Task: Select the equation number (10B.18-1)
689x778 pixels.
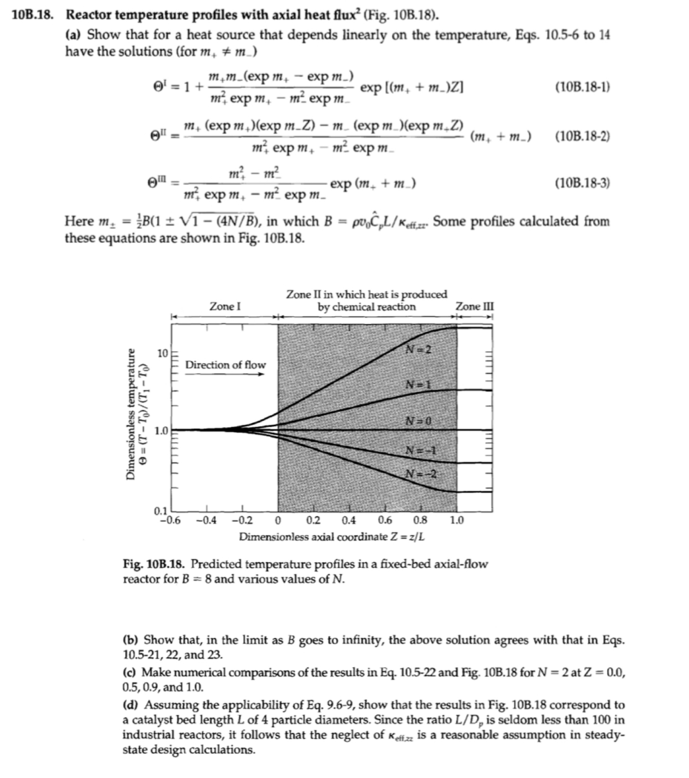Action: [582, 87]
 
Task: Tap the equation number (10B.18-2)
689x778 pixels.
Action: [582, 136]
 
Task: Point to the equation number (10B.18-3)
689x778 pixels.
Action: [582, 183]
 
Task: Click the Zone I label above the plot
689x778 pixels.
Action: [225, 306]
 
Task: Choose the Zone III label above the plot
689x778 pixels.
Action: [475, 306]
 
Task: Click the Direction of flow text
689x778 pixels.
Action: [226, 365]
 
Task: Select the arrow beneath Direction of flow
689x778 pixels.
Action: [226, 374]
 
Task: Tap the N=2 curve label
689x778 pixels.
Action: [418, 350]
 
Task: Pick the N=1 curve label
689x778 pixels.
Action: [418, 385]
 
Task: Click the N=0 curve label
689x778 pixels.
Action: [418, 421]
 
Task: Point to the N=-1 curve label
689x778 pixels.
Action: [420, 451]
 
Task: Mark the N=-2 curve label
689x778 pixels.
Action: [421, 473]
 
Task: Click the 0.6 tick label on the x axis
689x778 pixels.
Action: [384, 521]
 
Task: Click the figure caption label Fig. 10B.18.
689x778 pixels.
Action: [154, 564]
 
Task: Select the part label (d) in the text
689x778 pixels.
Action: [132, 705]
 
